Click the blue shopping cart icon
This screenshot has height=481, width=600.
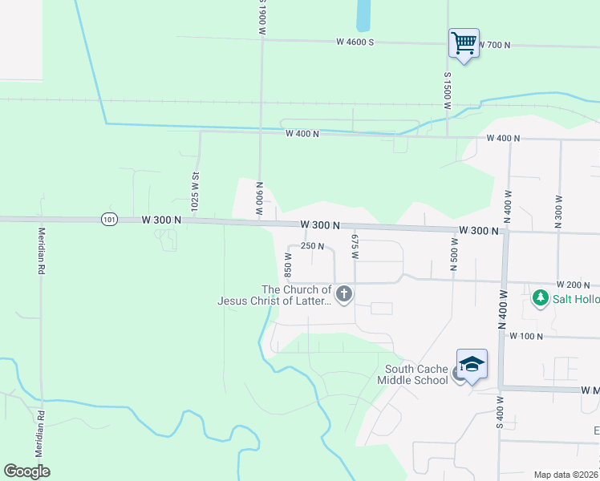click(464, 42)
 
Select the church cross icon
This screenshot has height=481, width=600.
click(344, 294)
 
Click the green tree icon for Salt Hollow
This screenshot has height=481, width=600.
click(541, 298)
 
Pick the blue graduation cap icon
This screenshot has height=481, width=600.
click(472, 363)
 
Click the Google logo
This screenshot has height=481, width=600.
click(26, 471)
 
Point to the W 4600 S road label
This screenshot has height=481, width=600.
click(355, 42)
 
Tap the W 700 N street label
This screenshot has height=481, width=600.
click(494, 45)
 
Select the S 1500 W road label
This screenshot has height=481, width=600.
click(448, 90)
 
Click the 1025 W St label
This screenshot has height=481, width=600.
click(195, 190)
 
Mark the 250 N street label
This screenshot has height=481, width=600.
click(312, 246)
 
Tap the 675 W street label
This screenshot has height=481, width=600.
click(353, 245)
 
